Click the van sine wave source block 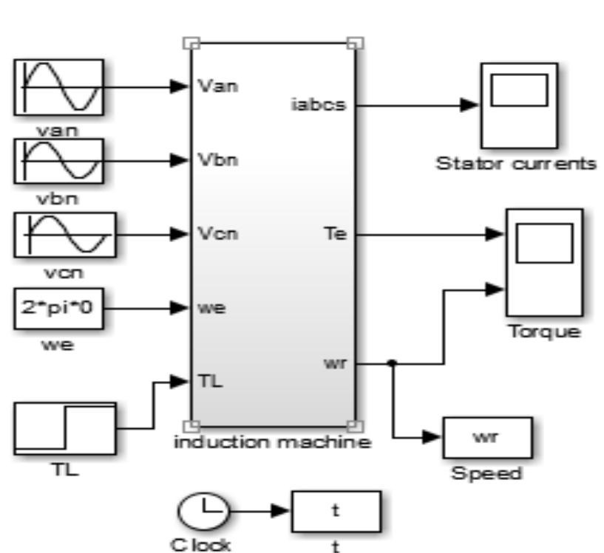pos(59,86)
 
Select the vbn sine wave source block pos(59,160)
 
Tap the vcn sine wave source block pos(65,234)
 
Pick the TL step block pos(65,429)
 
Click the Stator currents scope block pos(518,105)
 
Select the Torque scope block pos(543,262)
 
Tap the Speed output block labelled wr pos(488,437)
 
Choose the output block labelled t pos(336,511)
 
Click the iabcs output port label pos(319,105)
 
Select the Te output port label pos(336,234)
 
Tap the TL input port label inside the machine pos(211,382)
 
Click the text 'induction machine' pos(271,443)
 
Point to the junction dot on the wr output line pos(392,363)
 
